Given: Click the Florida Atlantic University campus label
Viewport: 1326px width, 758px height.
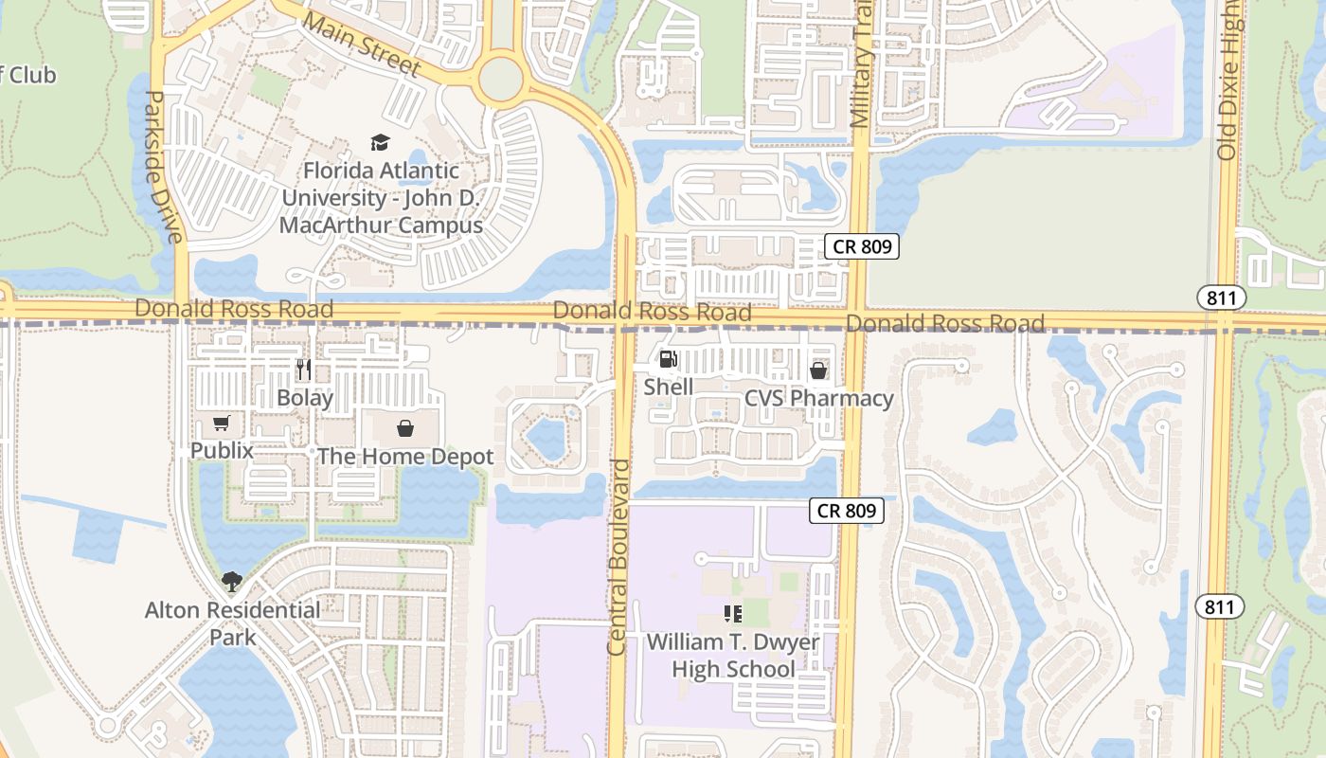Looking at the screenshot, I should (381, 198).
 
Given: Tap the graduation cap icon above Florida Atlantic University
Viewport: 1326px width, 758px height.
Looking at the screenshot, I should (380, 143).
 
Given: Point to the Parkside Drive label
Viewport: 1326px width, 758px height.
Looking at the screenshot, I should (162, 167).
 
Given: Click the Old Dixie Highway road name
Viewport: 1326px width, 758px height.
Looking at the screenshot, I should (1227, 81).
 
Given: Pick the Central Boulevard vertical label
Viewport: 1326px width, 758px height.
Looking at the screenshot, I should (618, 557).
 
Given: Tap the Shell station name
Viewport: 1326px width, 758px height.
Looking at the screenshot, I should (668, 387).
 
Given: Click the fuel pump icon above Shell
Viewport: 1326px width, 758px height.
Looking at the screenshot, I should (668, 359).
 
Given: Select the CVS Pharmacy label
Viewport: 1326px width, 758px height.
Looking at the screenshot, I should (819, 398).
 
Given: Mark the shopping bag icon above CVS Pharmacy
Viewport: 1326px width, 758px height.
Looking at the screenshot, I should (818, 370).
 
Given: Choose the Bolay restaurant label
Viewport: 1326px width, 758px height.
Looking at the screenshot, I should (304, 397).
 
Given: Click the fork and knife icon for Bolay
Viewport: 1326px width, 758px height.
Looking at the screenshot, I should (303, 369).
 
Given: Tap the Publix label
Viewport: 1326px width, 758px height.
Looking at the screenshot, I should (222, 450).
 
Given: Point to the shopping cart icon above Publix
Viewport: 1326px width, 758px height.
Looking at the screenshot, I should (222, 424).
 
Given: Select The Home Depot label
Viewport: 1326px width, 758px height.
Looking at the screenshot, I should (405, 457).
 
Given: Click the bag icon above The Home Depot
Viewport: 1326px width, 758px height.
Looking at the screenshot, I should (405, 429).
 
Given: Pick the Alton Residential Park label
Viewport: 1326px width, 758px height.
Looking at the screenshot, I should (233, 623).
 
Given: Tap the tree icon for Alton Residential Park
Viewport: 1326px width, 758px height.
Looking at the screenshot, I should (232, 581).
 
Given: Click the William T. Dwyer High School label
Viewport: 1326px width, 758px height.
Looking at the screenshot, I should (733, 656).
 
